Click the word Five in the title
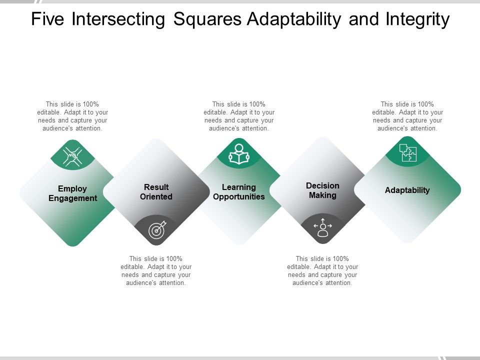click(x=48, y=19)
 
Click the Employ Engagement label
click(x=72, y=193)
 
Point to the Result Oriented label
click(x=156, y=192)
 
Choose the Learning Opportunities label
click(x=239, y=192)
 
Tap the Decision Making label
click(x=322, y=190)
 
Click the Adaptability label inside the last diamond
click(x=407, y=190)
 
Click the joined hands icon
click(x=73, y=156)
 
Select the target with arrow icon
click(x=156, y=230)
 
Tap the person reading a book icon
click(x=239, y=154)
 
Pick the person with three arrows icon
click(x=322, y=227)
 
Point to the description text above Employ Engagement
click(x=72, y=116)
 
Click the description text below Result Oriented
click(x=156, y=270)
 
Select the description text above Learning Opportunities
click(x=239, y=116)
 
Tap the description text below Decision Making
click(x=322, y=270)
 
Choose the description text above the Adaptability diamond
click(x=407, y=116)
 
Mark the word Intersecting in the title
click(x=119, y=19)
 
